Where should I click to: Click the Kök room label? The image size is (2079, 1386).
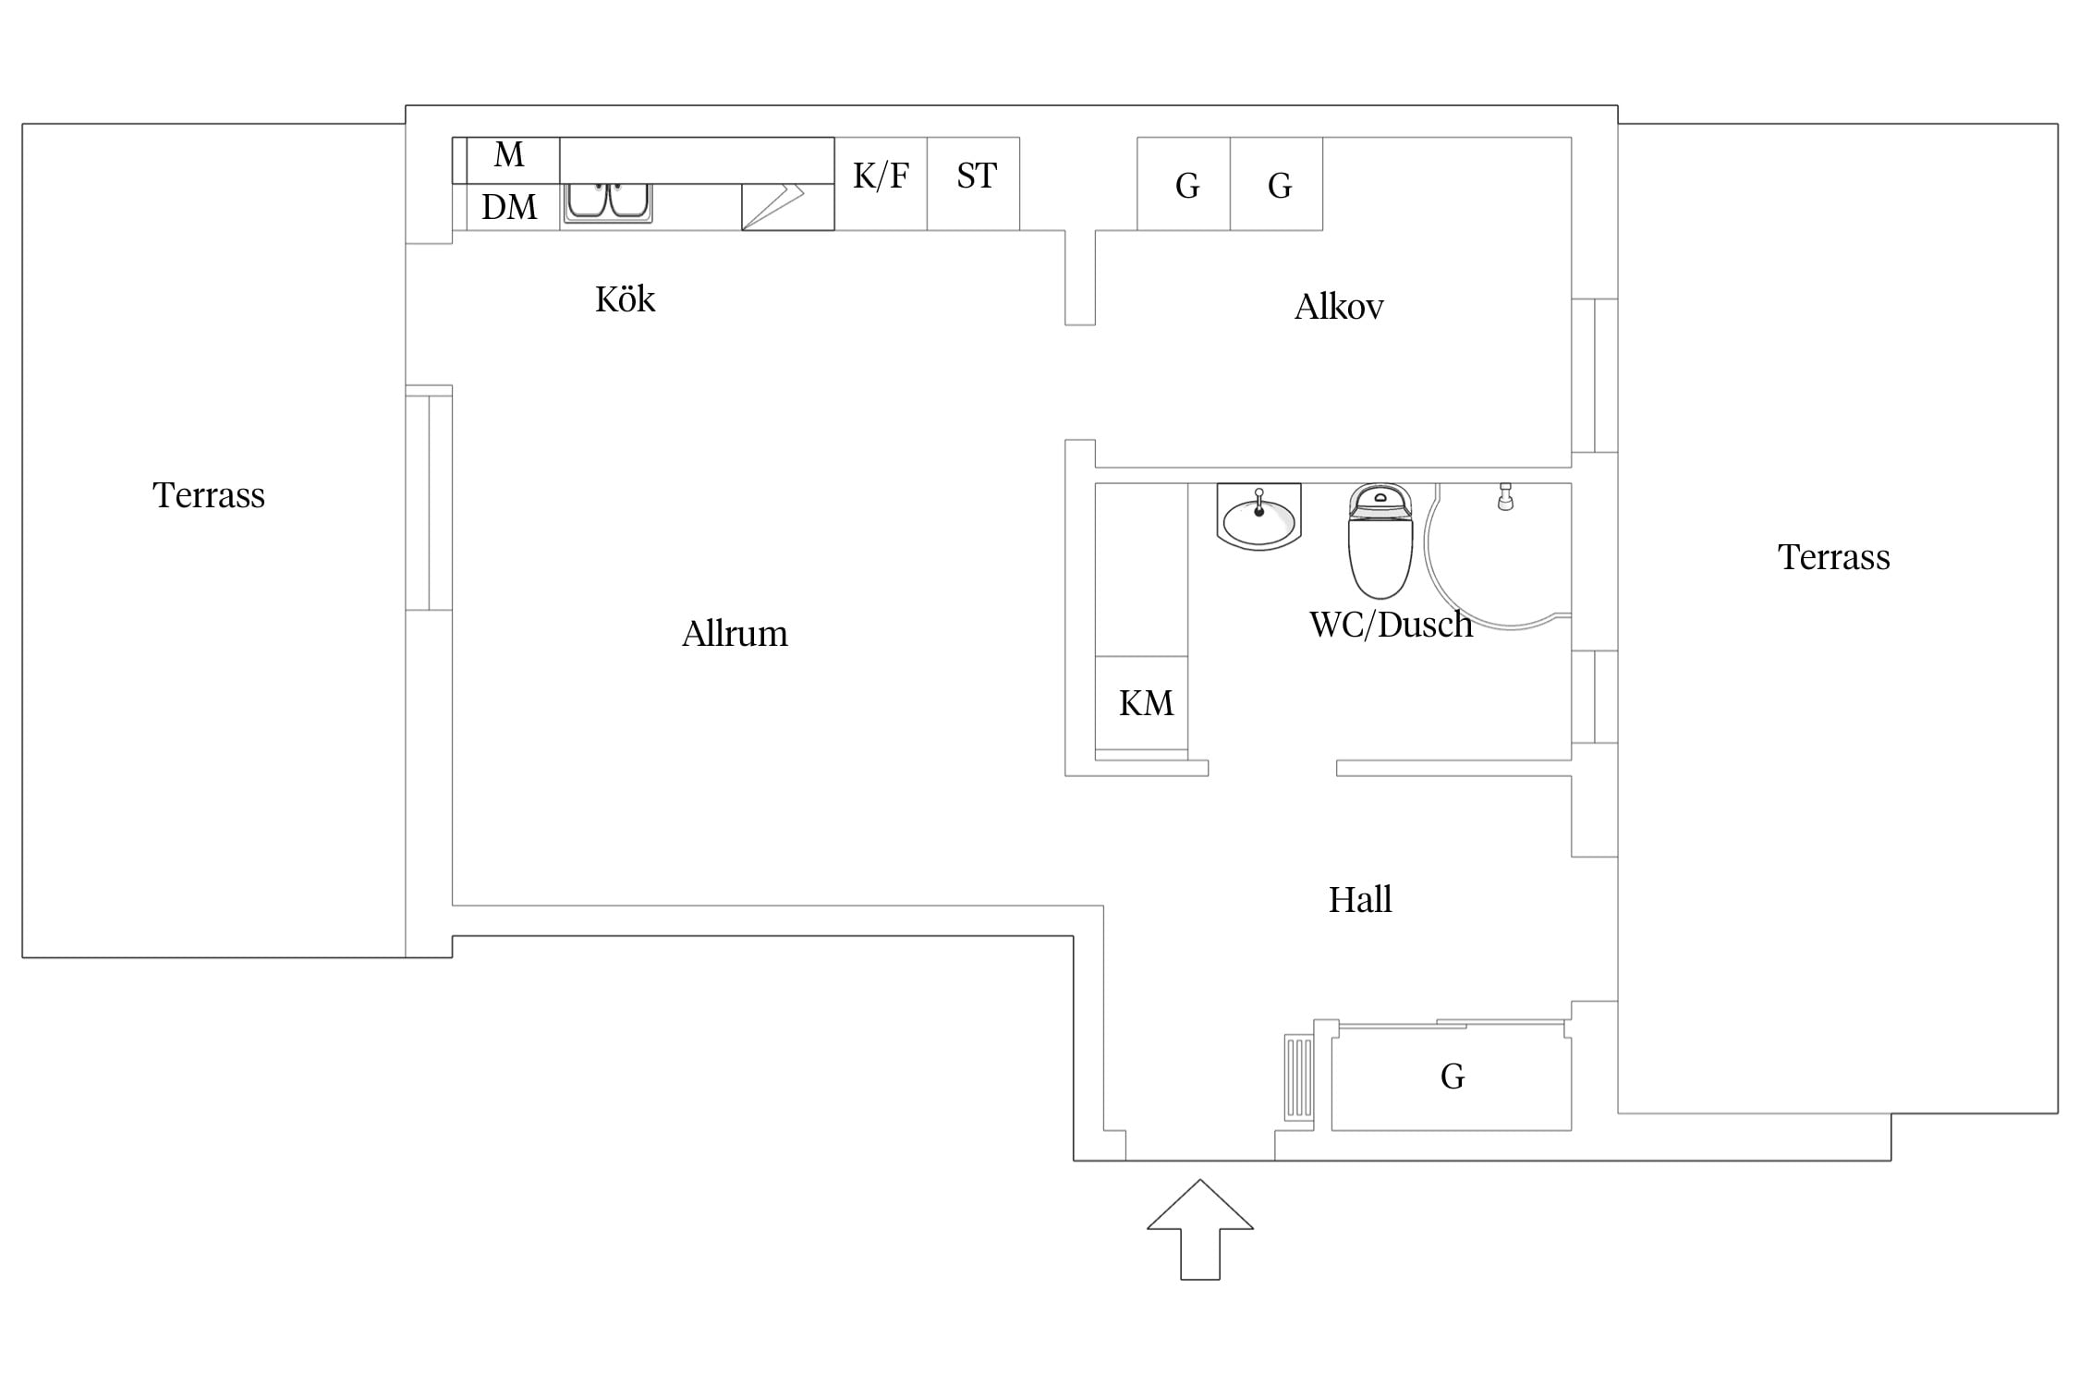[x=625, y=299]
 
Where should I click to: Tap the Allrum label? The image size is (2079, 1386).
[x=735, y=634]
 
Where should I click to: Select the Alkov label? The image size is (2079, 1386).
[x=1339, y=307]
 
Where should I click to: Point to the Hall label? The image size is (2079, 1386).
[x=1360, y=900]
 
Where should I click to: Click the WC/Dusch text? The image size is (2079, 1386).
[x=1391, y=625]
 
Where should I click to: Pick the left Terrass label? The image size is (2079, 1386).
[x=209, y=495]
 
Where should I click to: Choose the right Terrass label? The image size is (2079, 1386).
[x=1834, y=557]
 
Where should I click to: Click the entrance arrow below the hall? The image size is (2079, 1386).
[x=1200, y=1229]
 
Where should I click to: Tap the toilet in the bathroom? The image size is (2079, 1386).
[x=1380, y=541]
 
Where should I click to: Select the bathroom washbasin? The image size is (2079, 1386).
[x=1258, y=517]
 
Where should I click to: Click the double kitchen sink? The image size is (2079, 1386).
[x=608, y=202]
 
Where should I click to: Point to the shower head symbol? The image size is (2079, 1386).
[x=1505, y=496]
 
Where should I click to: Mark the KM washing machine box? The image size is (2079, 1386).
[x=1141, y=703]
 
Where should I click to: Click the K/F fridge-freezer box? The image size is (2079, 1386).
[x=881, y=184]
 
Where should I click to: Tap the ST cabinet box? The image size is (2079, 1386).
[x=974, y=184]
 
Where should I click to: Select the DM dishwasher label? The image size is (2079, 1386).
[x=509, y=207]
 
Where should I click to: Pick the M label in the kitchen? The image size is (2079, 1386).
[x=509, y=154]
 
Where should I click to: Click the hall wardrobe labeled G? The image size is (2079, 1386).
[x=1452, y=1076]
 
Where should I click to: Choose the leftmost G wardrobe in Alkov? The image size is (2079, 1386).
[x=1184, y=184]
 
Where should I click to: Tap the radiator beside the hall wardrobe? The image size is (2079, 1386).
[x=1299, y=1076]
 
